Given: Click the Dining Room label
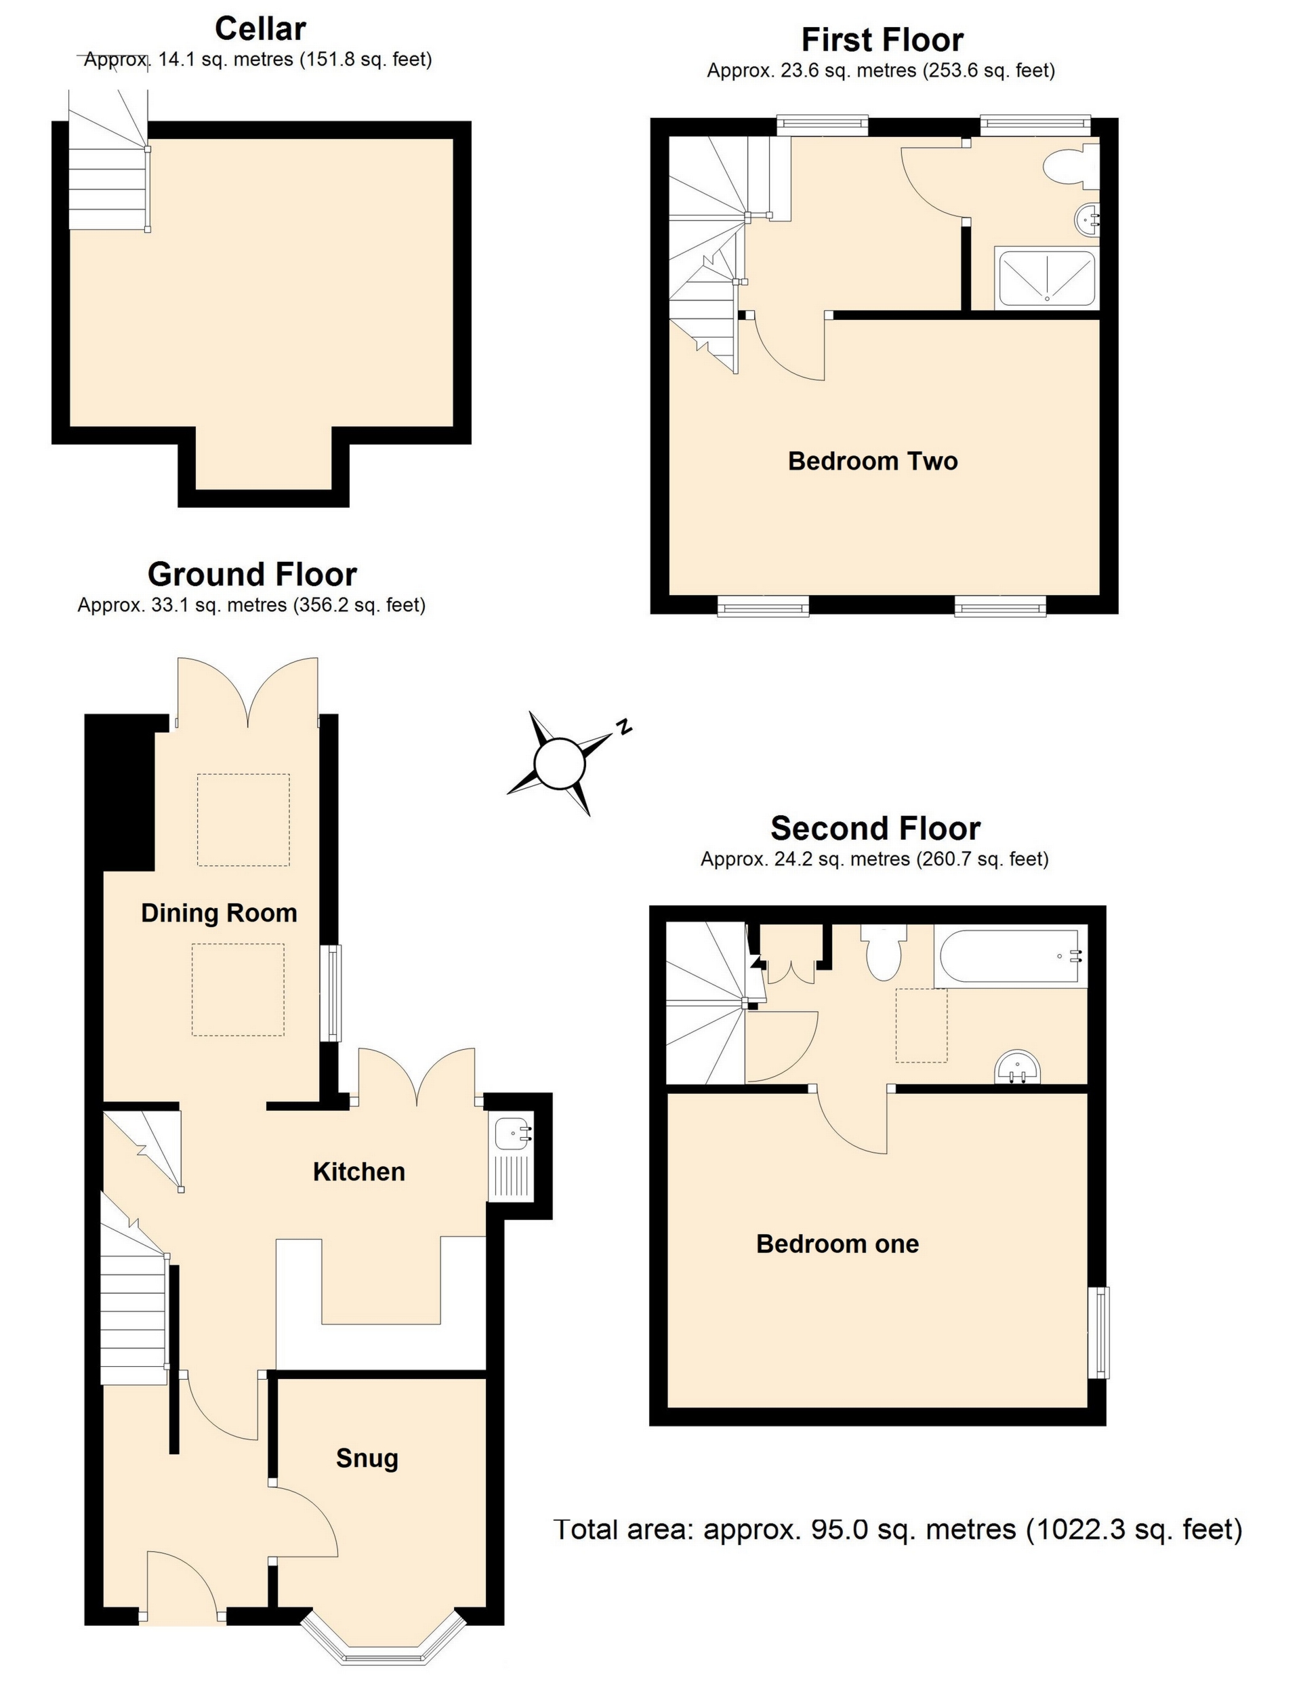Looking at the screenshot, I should click(x=219, y=913).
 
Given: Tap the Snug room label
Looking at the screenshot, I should click(x=367, y=1458).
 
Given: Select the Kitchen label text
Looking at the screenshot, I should click(x=358, y=1172).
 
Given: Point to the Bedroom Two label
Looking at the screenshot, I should click(x=873, y=461).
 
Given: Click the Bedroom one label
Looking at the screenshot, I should click(x=837, y=1244).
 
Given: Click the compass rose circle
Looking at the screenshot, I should click(x=558, y=764).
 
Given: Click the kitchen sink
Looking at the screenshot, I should click(x=512, y=1134).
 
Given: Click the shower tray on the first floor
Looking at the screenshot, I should click(x=1047, y=278).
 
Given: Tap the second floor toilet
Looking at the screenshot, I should click(x=884, y=955).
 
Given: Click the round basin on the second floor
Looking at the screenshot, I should click(x=1018, y=1069).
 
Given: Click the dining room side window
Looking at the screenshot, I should click(x=332, y=993).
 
